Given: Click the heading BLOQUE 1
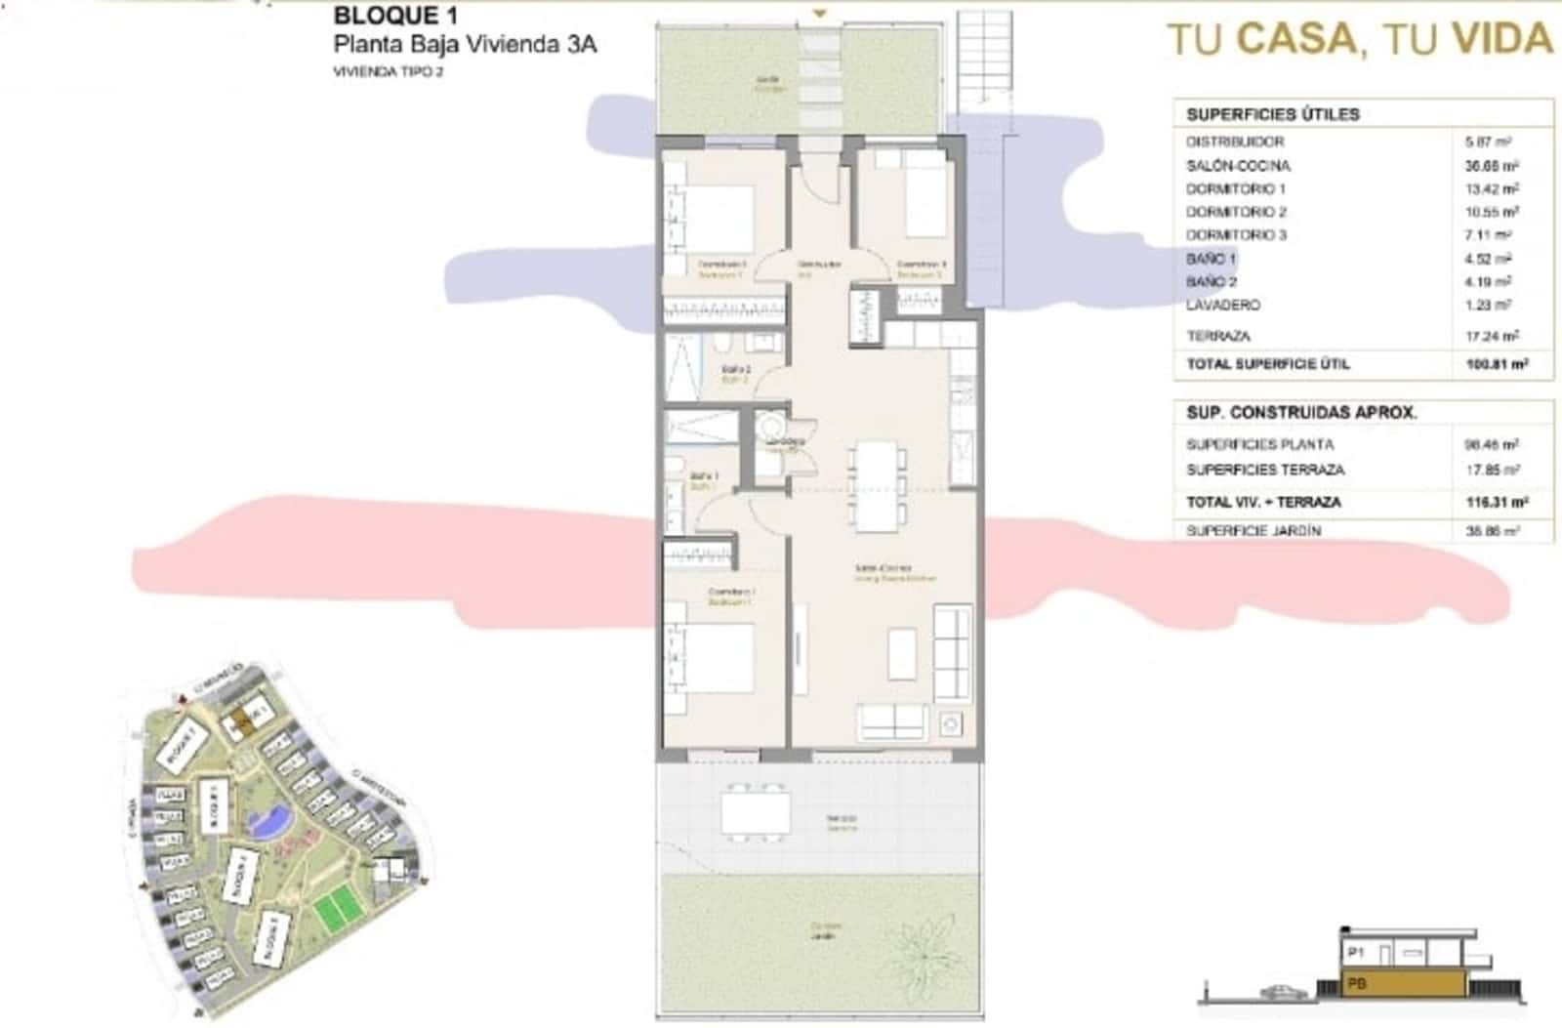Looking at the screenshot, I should [394, 16].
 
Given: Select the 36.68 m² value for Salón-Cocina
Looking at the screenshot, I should [1492, 166].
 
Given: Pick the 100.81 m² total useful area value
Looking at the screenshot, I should [1497, 364].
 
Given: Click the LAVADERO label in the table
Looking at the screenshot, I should [1222, 306].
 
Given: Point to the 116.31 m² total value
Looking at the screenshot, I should [1497, 503].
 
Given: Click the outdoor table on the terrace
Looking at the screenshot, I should [755, 811].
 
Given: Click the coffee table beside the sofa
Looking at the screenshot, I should [902, 653].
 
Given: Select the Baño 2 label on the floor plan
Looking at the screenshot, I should [735, 370].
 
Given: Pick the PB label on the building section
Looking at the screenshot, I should [1356, 984].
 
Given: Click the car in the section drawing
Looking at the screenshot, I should [1282, 991].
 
